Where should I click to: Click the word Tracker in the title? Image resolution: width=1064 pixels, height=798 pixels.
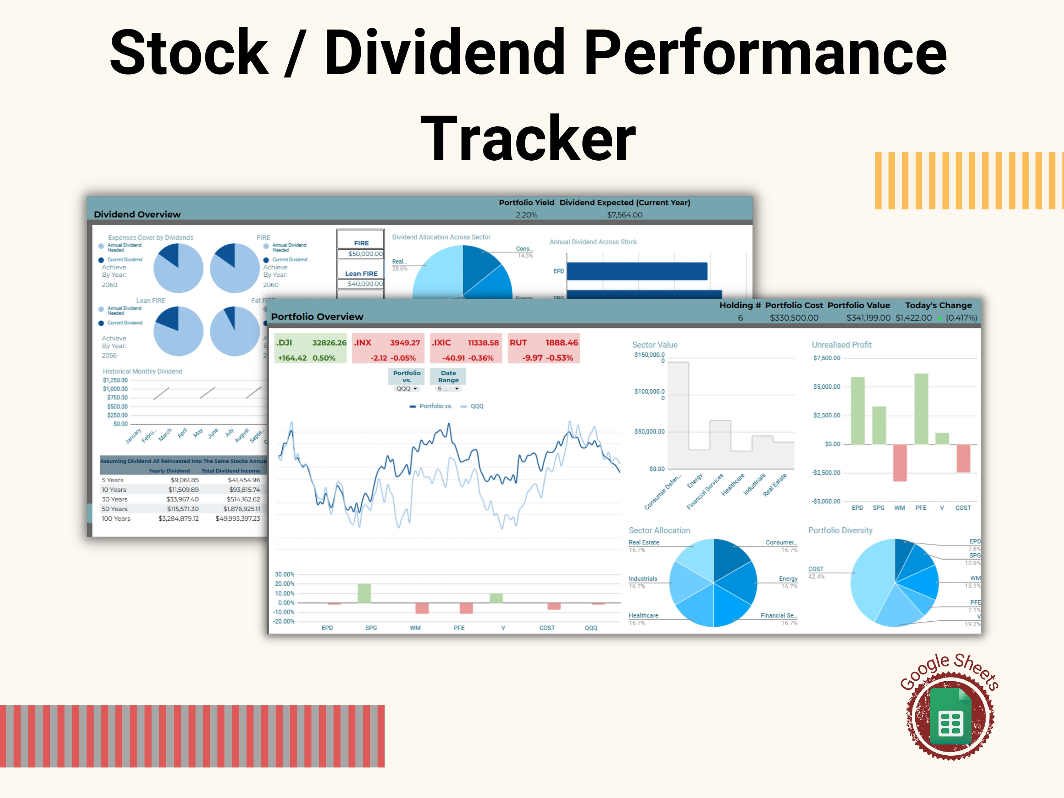[528, 139]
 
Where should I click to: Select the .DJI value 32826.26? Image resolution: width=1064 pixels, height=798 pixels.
[329, 343]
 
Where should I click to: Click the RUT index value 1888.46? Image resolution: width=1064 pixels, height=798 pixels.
[561, 343]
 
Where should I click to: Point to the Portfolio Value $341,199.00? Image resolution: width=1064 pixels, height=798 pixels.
[868, 318]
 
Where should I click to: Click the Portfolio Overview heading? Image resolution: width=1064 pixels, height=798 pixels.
[317, 316]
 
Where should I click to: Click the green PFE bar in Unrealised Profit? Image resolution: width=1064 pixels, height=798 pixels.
[921, 409]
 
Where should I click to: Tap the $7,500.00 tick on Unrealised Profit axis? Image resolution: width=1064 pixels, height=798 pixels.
[826, 358]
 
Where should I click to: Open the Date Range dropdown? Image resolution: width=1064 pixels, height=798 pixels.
[448, 389]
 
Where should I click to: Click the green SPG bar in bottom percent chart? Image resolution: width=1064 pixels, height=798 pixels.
[364, 593]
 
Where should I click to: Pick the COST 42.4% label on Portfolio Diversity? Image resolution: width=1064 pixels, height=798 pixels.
[816, 572]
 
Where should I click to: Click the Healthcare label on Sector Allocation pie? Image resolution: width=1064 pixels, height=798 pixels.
[643, 616]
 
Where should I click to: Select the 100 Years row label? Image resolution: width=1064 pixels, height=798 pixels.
[116, 519]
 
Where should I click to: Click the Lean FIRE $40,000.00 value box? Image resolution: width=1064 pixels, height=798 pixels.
[365, 284]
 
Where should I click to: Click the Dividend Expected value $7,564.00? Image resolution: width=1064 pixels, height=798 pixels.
[624, 215]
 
